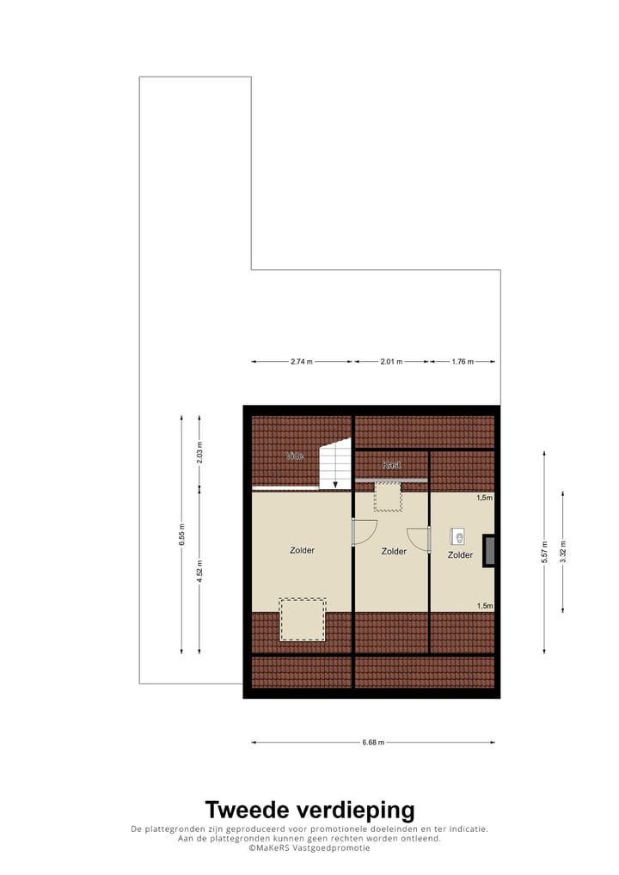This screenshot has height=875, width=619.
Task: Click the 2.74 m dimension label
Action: (x=301, y=362)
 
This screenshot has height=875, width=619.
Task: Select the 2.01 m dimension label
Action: (x=391, y=362)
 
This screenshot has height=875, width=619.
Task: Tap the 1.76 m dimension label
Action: (x=463, y=362)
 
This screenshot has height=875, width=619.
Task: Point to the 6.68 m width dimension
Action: (x=372, y=743)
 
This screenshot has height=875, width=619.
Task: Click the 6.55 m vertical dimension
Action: (x=181, y=535)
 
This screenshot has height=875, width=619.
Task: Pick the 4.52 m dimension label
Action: (x=199, y=571)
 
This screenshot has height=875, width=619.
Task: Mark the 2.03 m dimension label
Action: (x=199, y=452)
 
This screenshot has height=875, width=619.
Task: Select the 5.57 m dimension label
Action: (x=544, y=551)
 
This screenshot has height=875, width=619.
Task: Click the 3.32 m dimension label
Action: (x=563, y=551)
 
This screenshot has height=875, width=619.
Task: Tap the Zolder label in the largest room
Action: (x=302, y=550)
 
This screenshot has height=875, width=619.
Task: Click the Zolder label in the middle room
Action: (x=394, y=552)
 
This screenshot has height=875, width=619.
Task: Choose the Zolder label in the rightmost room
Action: (x=460, y=555)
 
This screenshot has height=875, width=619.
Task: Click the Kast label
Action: (x=391, y=465)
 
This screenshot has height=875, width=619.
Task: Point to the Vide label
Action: (x=295, y=456)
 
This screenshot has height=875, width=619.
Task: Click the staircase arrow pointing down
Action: (x=335, y=483)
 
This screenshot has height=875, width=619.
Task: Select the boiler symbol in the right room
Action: (x=457, y=537)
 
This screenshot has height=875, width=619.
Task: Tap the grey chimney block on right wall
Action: (x=489, y=550)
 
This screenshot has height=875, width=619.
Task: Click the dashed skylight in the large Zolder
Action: (x=303, y=620)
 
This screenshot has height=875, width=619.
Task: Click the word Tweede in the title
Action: (x=248, y=810)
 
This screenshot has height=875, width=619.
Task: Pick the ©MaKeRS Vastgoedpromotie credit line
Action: (x=309, y=848)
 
